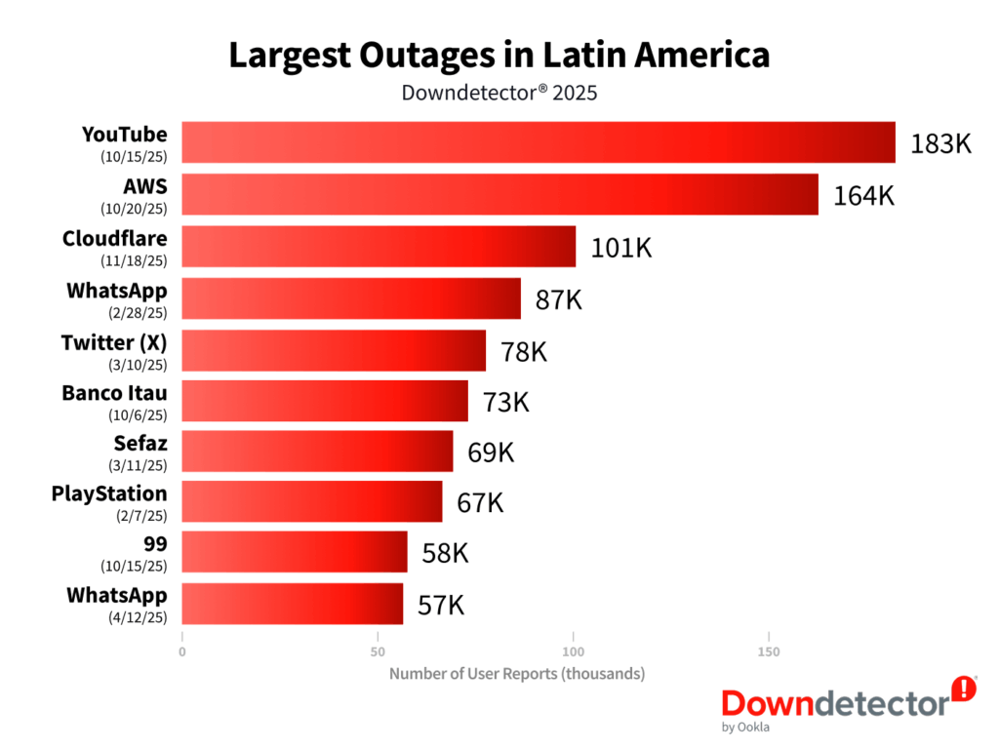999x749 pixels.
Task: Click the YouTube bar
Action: click(x=539, y=142)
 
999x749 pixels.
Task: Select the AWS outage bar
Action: click(x=500, y=194)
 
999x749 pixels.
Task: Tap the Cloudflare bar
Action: click(x=380, y=247)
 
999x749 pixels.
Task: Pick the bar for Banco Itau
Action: click(x=325, y=401)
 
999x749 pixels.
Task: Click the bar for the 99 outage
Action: click(x=295, y=552)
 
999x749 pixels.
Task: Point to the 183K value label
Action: click(x=940, y=144)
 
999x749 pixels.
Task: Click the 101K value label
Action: click(x=621, y=248)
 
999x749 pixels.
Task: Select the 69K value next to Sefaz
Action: click(x=491, y=453)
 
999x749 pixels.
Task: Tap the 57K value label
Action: click(x=441, y=605)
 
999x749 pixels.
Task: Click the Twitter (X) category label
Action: click(x=114, y=342)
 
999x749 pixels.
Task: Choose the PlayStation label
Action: click(x=109, y=493)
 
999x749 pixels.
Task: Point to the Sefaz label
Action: click(x=140, y=443)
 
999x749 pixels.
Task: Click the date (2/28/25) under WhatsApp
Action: click(x=138, y=313)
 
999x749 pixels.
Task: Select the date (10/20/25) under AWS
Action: click(x=134, y=209)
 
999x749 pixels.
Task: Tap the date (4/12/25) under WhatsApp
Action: click(x=138, y=617)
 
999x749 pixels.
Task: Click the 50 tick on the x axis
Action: click(x=378, y=651)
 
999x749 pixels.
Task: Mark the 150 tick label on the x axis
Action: click(x=769, y=651)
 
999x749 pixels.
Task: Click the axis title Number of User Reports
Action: click(x=517, y=674)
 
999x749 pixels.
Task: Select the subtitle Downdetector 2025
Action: click(x=499, y=93)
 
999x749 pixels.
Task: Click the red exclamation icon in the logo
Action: click(x=964, y=690)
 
